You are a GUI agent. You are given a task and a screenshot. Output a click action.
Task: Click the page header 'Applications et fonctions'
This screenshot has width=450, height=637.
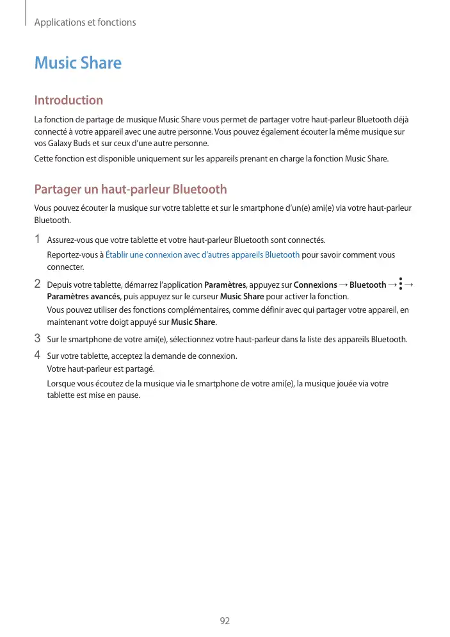tap(84, 22)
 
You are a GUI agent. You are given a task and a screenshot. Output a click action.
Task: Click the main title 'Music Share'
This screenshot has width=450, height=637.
tap(77, 63)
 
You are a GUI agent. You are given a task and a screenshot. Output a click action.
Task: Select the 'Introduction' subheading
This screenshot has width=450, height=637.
tap(68, 100)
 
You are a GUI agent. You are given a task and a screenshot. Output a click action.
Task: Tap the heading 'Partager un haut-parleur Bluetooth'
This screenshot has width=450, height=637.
tap(130, 189)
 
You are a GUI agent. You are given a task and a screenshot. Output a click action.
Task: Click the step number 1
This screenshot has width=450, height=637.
tap(38, 240)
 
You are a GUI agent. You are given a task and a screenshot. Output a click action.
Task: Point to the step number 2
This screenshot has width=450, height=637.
tap(38, 283)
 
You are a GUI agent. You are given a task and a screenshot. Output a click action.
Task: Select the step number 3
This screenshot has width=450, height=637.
tap(38, 338)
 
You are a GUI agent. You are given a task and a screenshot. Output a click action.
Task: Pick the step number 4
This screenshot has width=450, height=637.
tap(38, 354)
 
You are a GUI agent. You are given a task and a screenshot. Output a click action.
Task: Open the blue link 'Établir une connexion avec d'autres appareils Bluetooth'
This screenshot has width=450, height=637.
tap(202, 255)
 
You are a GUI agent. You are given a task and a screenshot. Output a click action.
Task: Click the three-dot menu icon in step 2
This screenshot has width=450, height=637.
tap(400, 284)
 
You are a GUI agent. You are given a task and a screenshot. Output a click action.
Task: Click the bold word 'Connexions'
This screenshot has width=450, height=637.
tap(315, 285)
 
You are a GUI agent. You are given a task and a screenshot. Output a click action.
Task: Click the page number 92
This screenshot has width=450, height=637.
tap(225, 621)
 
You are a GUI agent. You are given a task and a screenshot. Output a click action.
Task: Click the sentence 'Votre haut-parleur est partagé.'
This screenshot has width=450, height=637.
tap(100, 369)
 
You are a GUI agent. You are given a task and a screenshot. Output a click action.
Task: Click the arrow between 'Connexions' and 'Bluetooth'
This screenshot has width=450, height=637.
tap(343, 285)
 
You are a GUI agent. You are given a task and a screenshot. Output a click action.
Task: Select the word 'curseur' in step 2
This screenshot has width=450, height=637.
tap(204, 297)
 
